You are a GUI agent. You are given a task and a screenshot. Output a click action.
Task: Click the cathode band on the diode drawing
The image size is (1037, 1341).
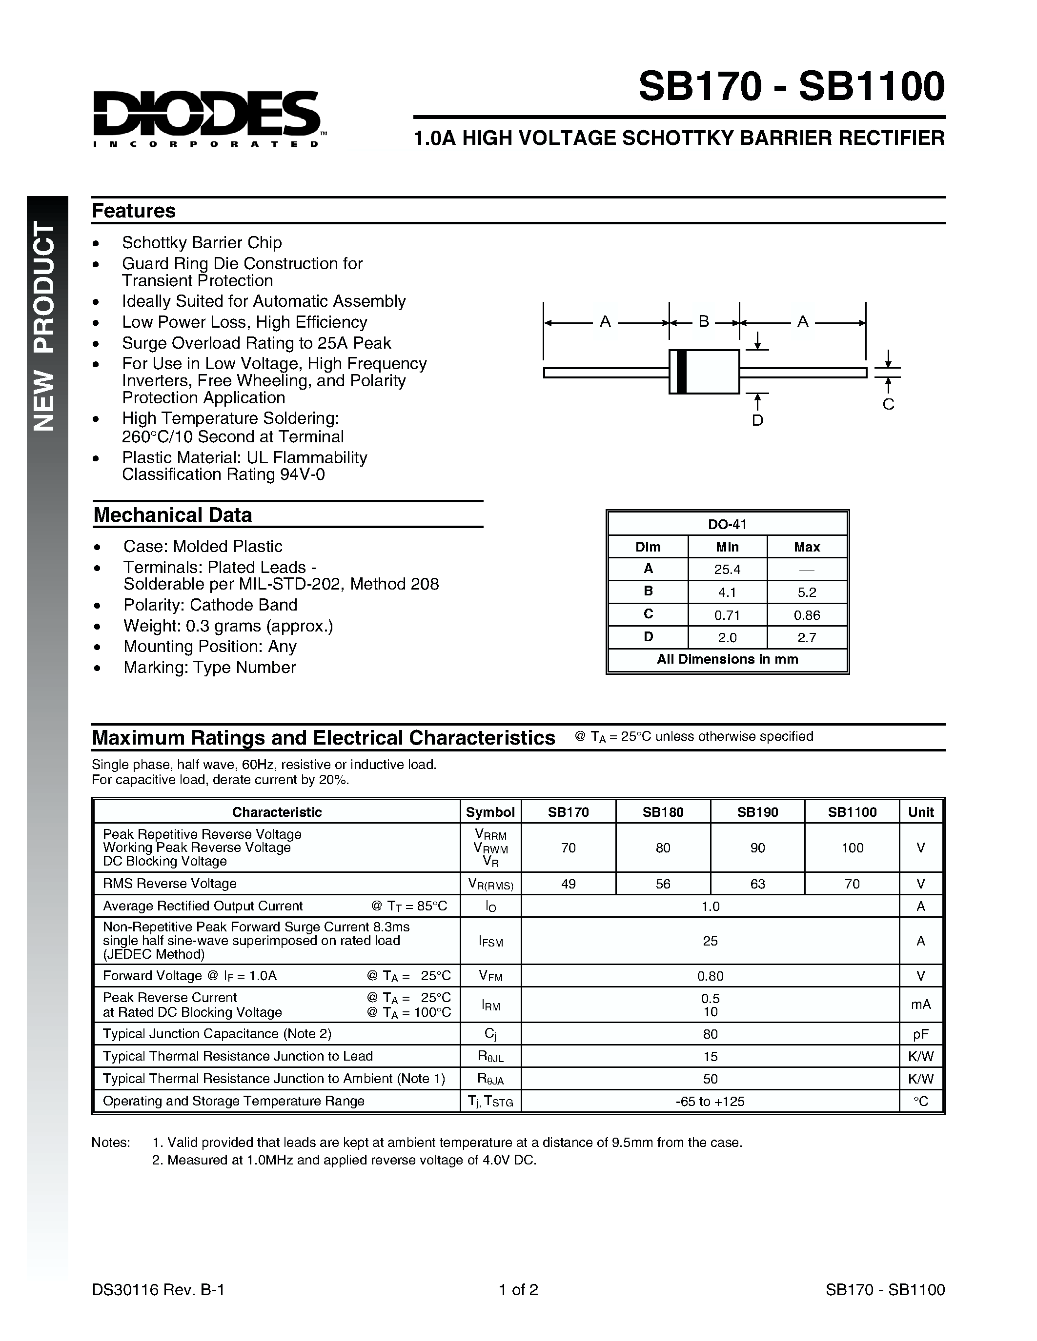tap(681, 372)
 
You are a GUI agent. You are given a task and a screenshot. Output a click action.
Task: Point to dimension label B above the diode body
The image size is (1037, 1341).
tap(704, 321)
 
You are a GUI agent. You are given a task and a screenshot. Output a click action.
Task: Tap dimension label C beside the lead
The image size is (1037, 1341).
tap(888, 404)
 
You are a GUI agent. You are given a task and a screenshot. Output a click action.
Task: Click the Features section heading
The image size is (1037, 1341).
tap(134, 211)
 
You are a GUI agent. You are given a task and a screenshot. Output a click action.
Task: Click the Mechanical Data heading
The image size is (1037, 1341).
tap(173, 514)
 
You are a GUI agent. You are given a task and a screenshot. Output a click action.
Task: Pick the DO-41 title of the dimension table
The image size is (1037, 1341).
tap(728, 524)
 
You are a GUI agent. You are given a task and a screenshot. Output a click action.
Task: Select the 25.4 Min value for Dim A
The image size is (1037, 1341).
tap(728, 569)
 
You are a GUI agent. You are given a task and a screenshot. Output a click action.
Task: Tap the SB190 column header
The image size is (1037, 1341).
tap(757, 812)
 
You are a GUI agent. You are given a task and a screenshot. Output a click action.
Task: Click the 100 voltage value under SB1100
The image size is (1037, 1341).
tap(852, 848)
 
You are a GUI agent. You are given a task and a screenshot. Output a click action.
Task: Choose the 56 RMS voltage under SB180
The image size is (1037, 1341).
tap(663, 884)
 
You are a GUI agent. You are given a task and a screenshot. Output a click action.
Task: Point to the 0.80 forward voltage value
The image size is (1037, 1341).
tap(710, 976)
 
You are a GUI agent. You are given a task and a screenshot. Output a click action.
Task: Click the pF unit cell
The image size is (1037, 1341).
tap(920, 1034)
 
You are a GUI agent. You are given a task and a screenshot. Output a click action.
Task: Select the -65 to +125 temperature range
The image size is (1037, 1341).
tap(710, 1101)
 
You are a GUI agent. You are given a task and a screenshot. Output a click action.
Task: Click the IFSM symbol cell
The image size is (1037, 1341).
tap(491, 941)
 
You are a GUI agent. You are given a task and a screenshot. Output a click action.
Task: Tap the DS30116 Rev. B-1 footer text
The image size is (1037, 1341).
tap(159, 1289)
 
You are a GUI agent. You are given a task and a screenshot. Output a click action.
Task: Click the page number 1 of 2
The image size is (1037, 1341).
tap(518, 1289)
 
